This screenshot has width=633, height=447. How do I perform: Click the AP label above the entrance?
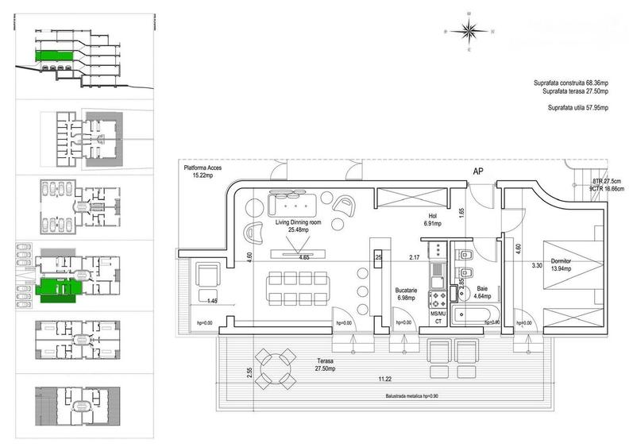coord(478,171)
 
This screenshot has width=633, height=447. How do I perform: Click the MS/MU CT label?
coord(438,318)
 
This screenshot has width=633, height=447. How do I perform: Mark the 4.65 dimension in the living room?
coord(303,258)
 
